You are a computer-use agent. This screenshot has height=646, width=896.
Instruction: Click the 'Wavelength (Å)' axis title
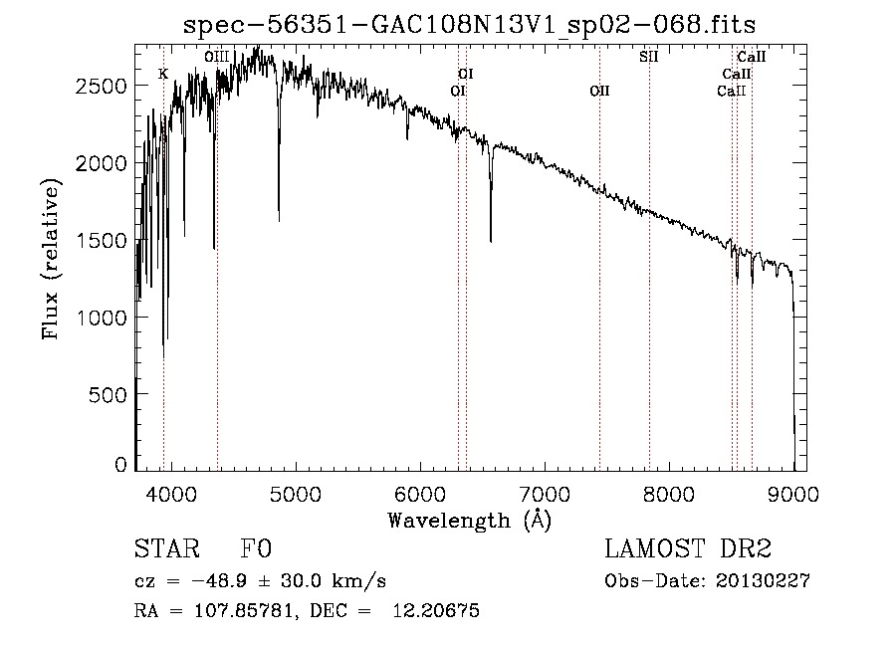coord(469,519)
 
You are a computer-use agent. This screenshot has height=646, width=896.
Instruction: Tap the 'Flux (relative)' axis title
coord(50,259)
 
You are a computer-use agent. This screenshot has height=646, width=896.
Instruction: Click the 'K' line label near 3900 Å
coord(163,74)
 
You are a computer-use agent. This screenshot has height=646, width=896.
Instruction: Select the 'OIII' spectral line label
coord(217,57)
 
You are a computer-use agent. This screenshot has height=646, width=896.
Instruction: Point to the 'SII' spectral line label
coord(649,57)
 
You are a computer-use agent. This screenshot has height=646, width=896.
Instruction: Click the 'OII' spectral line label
coord(599,91)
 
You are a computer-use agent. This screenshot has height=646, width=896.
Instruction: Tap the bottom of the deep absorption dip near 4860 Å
coord(279,220)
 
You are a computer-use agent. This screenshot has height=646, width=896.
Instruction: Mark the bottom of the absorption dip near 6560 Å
coord(491,241)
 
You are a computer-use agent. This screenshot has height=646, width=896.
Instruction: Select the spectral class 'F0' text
coord(256,549)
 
